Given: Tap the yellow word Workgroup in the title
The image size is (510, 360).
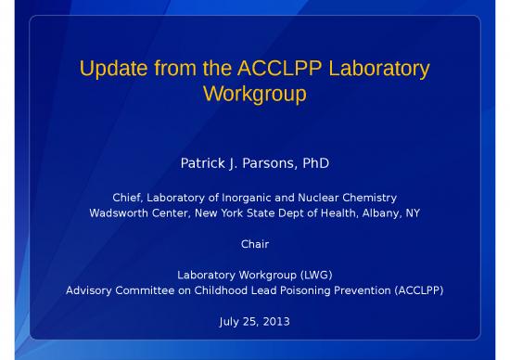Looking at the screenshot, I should [254, 94].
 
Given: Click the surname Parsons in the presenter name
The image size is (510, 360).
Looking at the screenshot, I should [264, 164].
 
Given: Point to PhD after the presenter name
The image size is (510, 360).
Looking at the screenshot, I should [313, 164].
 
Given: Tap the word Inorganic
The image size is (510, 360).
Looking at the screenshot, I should [254, 198].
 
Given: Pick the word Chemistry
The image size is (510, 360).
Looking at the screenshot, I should [371, 198].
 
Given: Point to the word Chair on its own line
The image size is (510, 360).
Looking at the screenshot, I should [254, 244].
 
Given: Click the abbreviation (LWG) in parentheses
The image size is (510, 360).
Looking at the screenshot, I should [311, 276].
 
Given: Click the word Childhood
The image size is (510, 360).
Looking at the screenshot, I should [217, 290].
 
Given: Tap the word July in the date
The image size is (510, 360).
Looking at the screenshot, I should [229, 322].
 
